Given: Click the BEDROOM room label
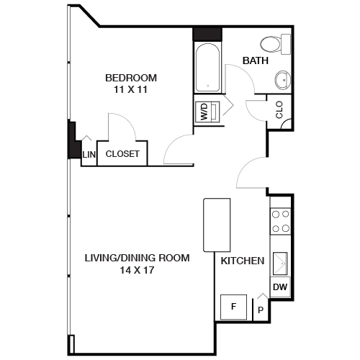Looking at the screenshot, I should coord(131,78).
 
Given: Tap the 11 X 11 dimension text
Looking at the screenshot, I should coord(131,89).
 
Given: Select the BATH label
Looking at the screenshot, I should coord(256,61).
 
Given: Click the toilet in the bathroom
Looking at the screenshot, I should coord(274,44).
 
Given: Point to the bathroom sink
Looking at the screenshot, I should coord(281,78).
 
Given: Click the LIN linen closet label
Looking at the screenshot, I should coord(89,154).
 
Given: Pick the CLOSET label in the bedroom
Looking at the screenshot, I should coord(122,154).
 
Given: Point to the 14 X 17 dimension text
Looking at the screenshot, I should coord(137,271).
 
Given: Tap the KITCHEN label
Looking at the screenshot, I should coord(242,261).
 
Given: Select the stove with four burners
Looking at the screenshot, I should coord(280,221).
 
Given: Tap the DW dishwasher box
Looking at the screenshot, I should coord(280,288).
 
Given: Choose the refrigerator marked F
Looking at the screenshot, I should coord(233,307).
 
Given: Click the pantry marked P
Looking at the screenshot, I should coord(260,310).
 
